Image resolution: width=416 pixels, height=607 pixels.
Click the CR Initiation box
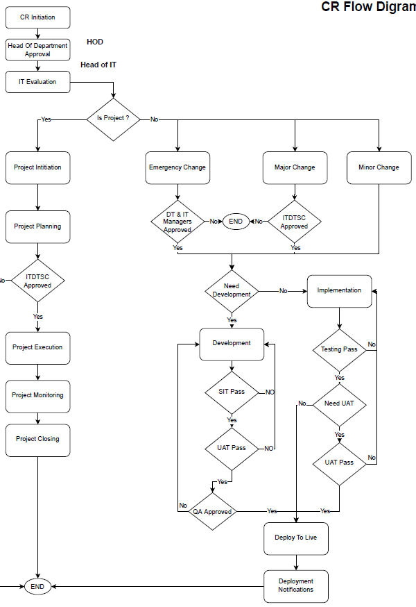coord(37,17)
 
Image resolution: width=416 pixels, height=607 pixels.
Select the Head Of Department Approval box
coord(37,50)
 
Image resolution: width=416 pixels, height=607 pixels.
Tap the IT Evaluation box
coord(37,82)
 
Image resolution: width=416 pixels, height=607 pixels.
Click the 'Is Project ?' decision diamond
coord(113,119)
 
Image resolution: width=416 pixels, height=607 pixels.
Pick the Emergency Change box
coord(177,167)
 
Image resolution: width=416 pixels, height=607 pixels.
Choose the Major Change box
coord(295,167)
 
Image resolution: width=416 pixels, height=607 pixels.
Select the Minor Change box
coord(379,167)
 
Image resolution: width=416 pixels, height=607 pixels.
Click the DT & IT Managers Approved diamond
coord(177,222)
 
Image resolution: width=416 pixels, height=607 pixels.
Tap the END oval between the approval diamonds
coord(236,222)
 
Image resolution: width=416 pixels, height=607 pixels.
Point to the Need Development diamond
coord(232,290)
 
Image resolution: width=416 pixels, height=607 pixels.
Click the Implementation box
coord(339,290)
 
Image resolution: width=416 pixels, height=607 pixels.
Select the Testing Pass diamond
coord(339,349)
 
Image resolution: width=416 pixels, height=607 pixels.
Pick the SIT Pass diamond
coord(232,392)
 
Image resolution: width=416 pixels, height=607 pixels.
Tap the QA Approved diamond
coord(212,512)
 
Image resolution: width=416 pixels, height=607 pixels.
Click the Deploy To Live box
coord(296,538)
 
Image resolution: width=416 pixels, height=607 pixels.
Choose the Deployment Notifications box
coord(296,585)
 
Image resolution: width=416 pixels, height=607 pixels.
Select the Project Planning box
coord(37,226)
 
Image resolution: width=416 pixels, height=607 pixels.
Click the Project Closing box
coord(37,440)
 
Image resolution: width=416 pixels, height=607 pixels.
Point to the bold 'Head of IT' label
coord(98,65)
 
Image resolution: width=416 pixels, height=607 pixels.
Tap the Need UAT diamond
coord(339,404)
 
